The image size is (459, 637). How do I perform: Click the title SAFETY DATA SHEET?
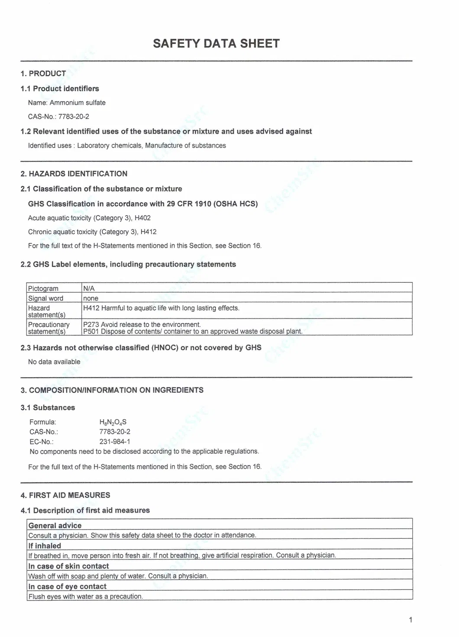point(216,43)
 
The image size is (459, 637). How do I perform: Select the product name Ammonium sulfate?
point(78,103)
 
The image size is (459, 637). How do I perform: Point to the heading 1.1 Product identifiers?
point(60,88)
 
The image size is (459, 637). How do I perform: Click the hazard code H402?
point(142,218)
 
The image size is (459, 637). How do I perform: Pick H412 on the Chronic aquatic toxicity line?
point(148,232)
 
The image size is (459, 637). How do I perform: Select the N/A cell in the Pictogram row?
point(89,288)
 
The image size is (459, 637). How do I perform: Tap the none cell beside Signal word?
point(91,298)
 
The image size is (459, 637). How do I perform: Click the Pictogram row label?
point(43,288)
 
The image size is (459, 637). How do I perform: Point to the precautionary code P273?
point(91,324)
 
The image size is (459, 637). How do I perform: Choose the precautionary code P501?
point(91,331)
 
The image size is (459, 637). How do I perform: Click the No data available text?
point(54,362)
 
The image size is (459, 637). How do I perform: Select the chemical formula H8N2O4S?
point(113,422)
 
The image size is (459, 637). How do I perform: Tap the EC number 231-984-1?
point(115,442)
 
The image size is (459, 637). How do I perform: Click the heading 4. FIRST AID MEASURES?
point(65,495)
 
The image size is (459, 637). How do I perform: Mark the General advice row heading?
point(55,525)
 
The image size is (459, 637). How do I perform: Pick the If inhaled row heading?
point(45,546)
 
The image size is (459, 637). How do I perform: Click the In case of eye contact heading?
point(67,586)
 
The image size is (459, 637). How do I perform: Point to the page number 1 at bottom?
point(410,620)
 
